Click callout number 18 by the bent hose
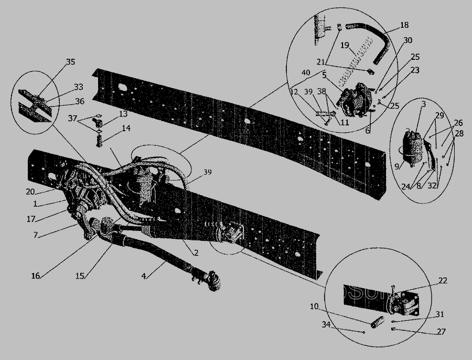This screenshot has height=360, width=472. coord(404,25)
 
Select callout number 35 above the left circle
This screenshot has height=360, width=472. coord(70,62)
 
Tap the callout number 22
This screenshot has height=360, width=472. coord(443,280)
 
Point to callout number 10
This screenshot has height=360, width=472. coord(314,306)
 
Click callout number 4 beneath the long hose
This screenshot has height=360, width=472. coord(144,276)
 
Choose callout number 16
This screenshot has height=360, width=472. coord(36,276)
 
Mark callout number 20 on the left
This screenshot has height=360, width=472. coord(30,192)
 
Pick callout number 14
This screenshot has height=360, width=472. coord(126,128)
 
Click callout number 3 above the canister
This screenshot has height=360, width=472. coord(424,104)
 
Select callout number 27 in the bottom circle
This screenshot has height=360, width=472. coord(441,332)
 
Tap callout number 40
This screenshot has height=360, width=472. coord(306,72)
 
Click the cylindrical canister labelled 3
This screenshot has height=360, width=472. coord(412,148)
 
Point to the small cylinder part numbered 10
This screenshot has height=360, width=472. coord(378,322)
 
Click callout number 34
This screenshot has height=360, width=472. coord(326,325)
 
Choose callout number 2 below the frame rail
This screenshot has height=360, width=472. coord(196,252)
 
